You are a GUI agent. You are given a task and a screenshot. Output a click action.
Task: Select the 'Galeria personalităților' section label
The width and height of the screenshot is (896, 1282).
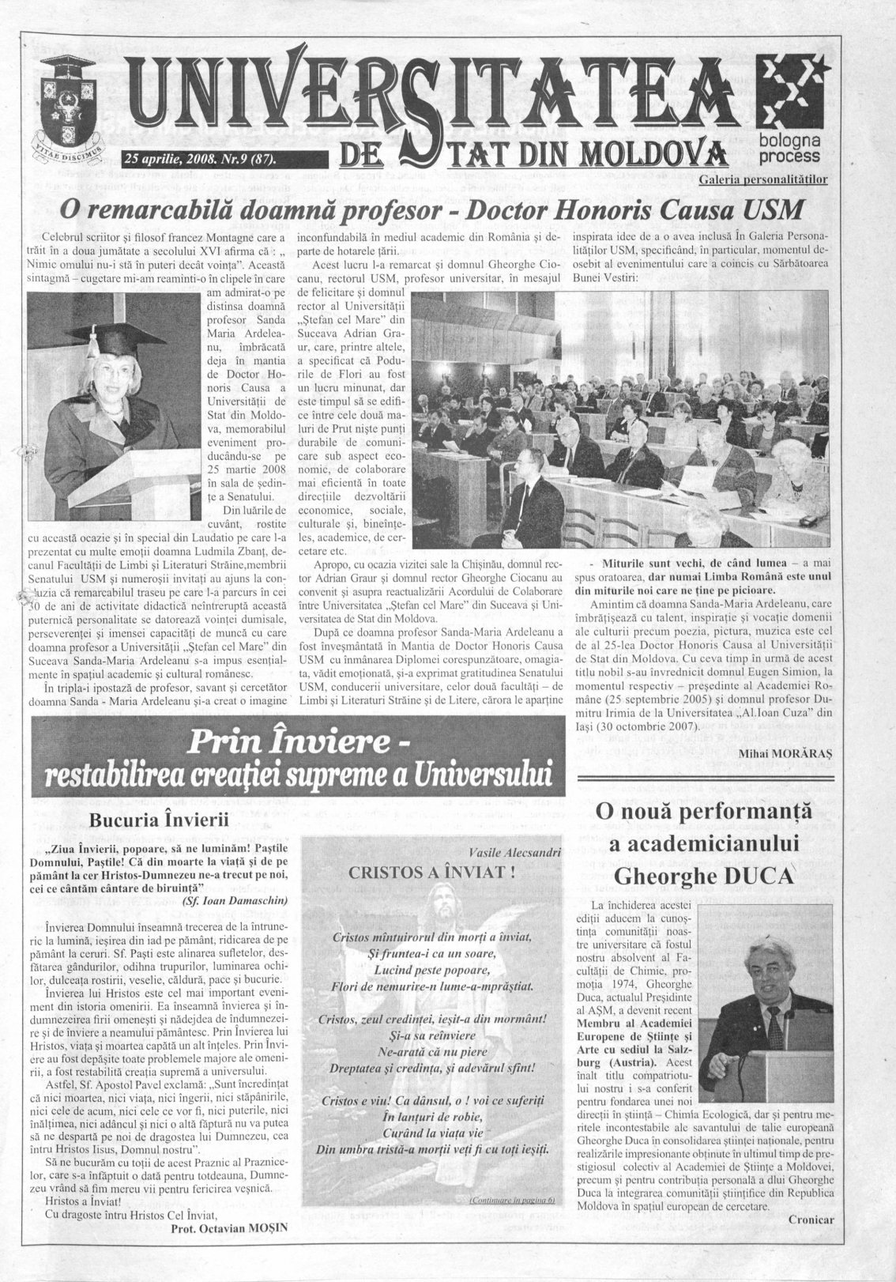[763, 180]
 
